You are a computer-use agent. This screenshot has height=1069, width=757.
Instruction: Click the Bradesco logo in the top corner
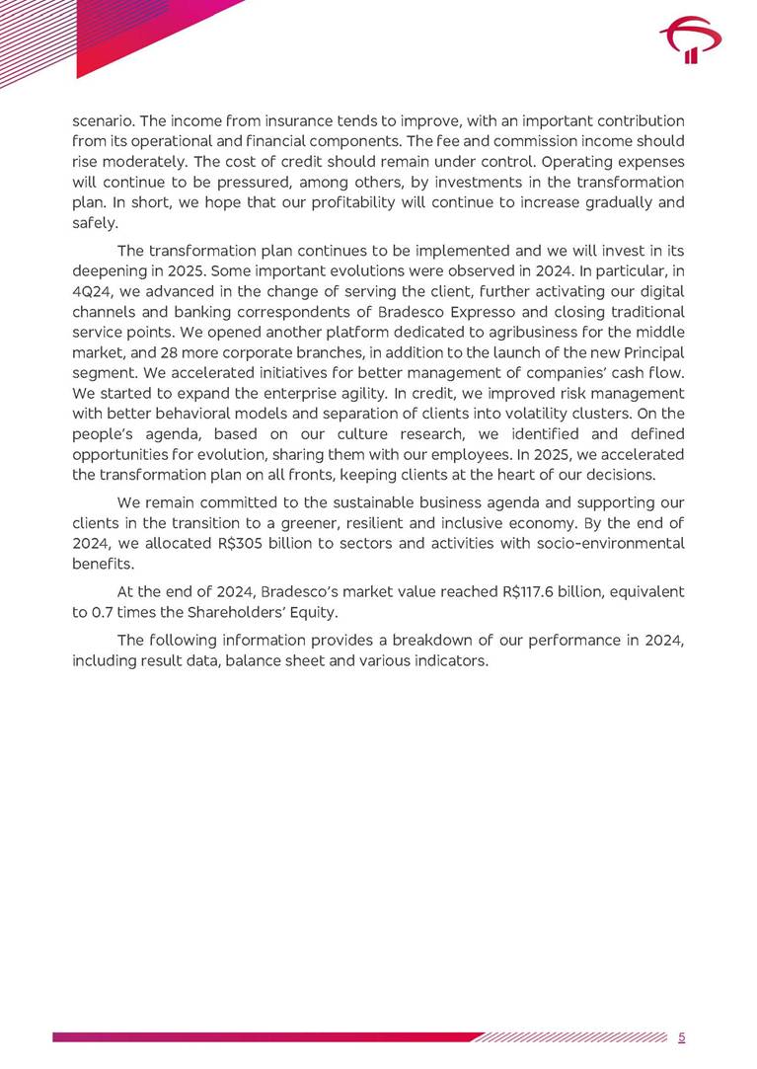coord(690,43)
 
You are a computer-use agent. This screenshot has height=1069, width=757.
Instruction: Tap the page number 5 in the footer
coord(682,1036)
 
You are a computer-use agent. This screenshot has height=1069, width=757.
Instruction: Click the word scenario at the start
coord(103,120)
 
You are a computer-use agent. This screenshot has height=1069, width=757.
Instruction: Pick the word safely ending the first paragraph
coord(94,223)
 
